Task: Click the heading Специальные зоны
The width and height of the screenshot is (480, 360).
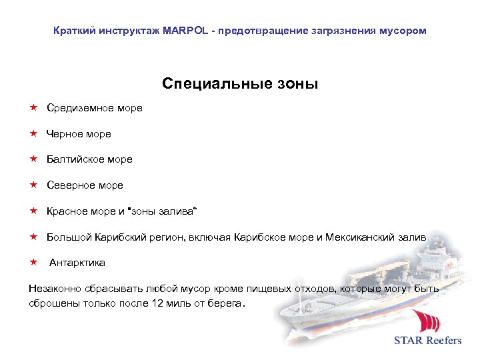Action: [x=240, y=84]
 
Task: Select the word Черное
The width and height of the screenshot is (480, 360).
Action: [x=63, y=134]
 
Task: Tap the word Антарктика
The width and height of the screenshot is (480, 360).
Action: [x=77, y=263]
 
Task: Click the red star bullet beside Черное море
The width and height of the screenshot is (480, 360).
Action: [x=33, y=133]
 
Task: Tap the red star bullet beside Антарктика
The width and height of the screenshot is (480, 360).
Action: [x=33, y=262]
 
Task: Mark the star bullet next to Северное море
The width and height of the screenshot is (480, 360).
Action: [x=33, y=185]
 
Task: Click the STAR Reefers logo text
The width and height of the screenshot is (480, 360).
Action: [x=427, y=341]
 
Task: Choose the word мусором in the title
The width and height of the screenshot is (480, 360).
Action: [x=403, y=31]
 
